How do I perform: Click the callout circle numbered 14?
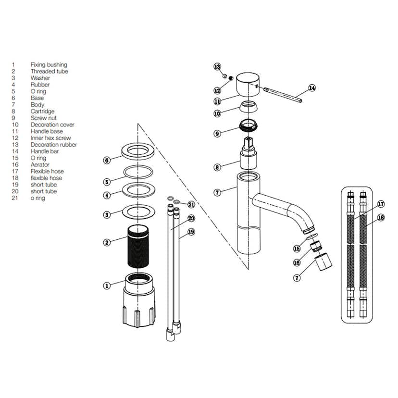312,88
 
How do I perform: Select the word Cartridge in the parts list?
42,112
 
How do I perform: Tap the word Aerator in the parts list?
40,165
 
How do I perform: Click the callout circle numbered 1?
107,286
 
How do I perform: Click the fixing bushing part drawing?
140,300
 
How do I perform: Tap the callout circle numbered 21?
191,204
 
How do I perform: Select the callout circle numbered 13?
217,66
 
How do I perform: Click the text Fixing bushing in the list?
49,65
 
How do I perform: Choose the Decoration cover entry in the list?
52,125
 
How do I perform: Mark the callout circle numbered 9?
217,133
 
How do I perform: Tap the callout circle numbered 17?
380,204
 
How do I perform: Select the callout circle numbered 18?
381,217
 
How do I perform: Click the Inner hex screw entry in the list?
50,138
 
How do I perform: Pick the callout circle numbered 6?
107,160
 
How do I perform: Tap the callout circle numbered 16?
297,262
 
